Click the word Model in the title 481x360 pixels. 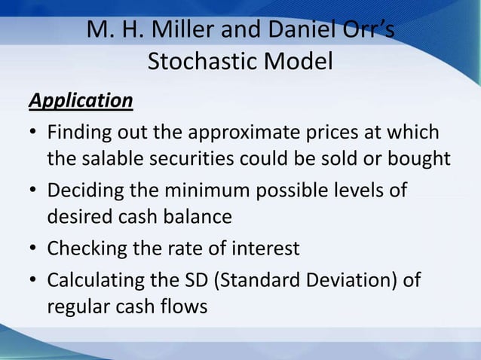point(299,62)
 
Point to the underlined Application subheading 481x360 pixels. point(80,100)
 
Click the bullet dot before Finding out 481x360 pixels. point(34,134)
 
